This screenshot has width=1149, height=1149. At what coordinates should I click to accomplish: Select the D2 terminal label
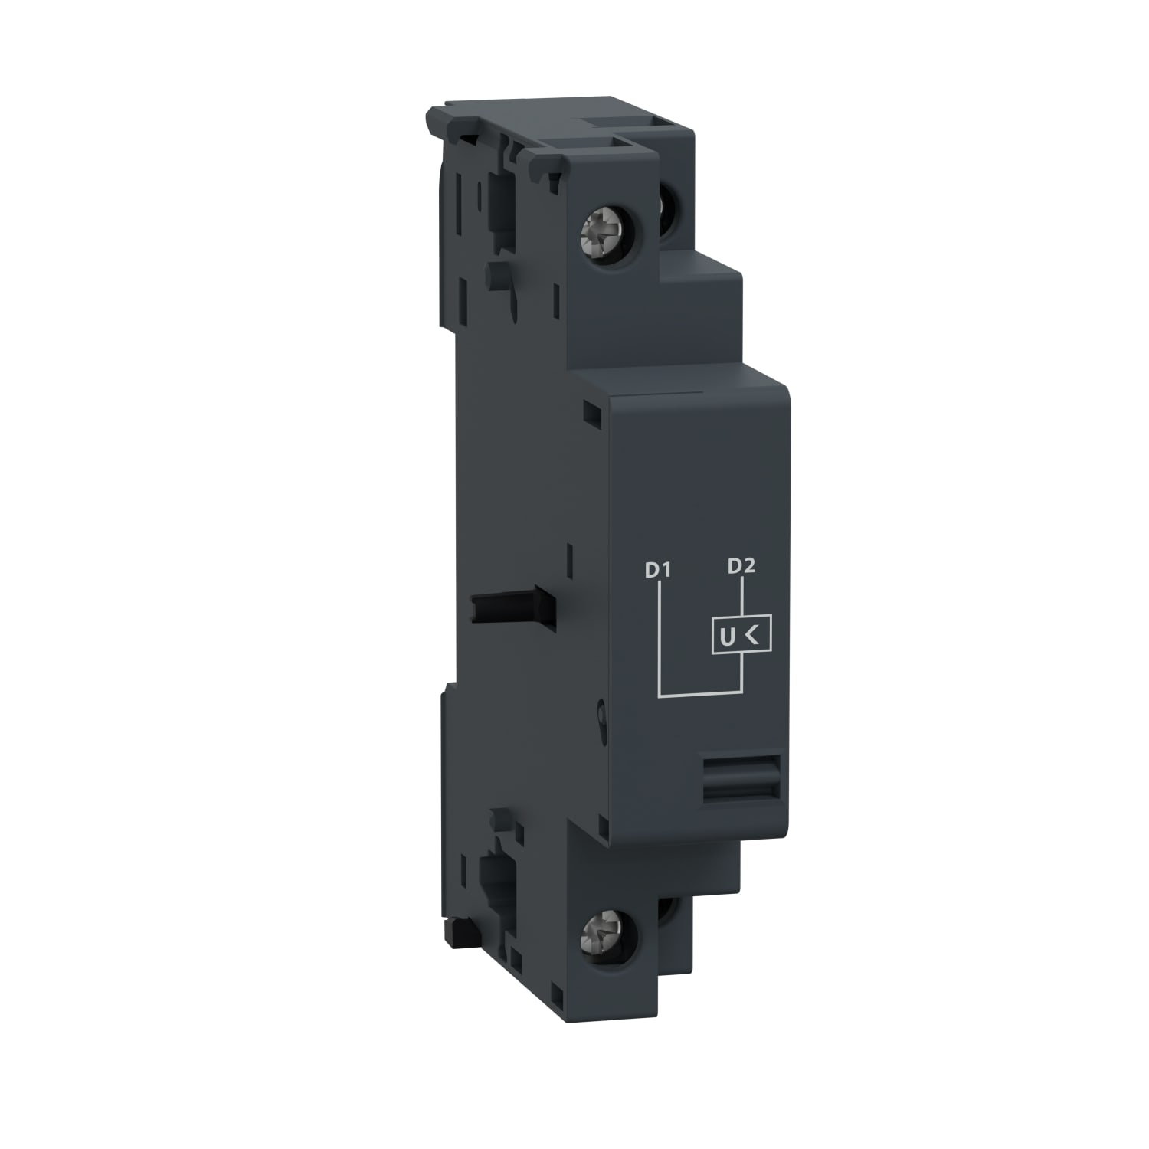tap(741, 566)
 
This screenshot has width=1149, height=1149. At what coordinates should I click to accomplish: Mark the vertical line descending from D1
tap(659, 636)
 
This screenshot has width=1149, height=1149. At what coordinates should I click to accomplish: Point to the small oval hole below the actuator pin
tap(604, 715)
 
